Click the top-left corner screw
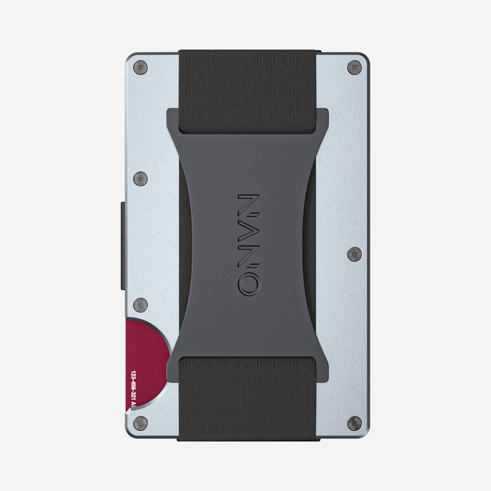(x=140, y=68)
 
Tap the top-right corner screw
(x=355, y=68)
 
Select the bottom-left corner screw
(x=140, y=424)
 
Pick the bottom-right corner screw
(x=355, y=424)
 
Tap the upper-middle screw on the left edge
(x=140, y=179)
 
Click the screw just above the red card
(x=140, y=305)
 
